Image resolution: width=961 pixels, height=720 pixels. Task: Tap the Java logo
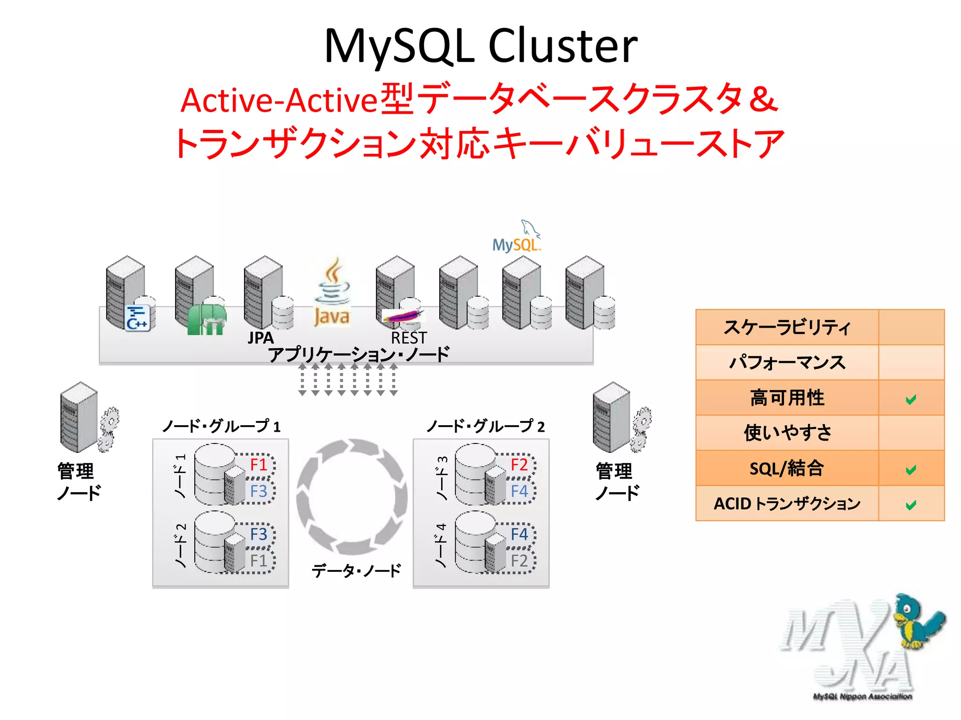click(332, 293)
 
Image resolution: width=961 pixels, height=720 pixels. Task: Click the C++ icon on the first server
click(137, 318)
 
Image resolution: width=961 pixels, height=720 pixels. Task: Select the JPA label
click(260, 337)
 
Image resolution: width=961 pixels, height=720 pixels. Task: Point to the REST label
click(409, 337)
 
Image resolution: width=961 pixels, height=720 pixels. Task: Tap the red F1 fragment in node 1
click(259, 465)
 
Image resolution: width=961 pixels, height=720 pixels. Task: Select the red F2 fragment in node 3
click(519, 465)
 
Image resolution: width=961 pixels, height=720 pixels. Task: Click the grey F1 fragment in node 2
click(259, 560)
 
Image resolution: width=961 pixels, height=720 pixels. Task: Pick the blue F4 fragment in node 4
click(519, 534)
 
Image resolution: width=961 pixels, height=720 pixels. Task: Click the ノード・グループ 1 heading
click(221, 426)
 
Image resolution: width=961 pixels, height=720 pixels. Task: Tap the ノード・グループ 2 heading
click(486, 426)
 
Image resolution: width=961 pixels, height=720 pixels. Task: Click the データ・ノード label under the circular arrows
click(356, 570)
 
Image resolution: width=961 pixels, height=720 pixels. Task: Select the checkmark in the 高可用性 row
click(911, 399)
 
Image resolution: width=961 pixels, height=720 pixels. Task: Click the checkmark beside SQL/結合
click(911, 470)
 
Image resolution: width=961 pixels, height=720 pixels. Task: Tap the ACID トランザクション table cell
click(787, 504)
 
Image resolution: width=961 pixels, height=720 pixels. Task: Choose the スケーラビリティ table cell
click(787, 327)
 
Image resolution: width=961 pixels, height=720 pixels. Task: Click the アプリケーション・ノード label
click(359, 354)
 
